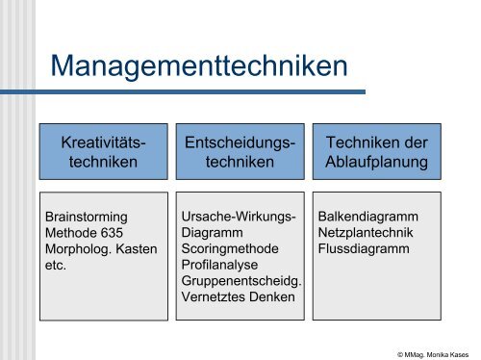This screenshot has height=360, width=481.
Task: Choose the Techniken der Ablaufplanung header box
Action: [376, 151]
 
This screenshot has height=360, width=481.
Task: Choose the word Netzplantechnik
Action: [366, 233]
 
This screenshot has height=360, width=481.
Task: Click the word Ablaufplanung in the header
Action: [376, 162]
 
